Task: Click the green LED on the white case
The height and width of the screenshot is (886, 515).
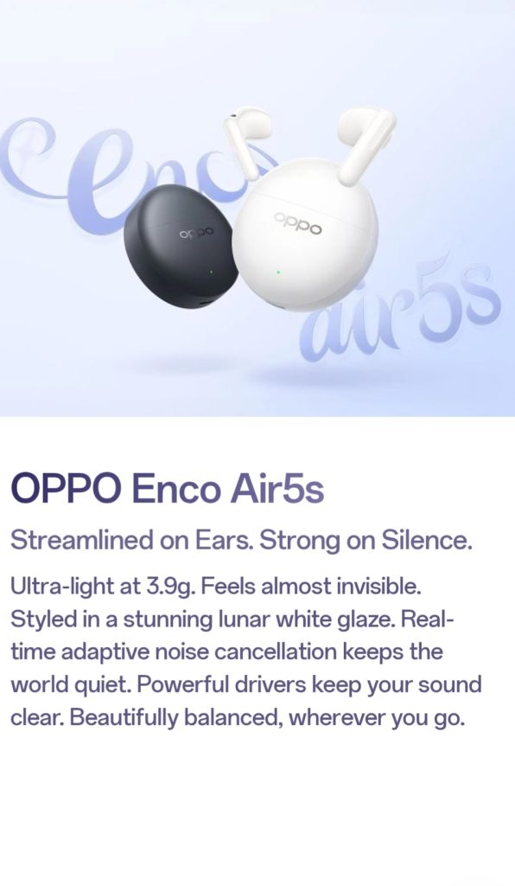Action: [x=278, y=272]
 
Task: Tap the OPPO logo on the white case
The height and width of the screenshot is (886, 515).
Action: [x=298, y=224]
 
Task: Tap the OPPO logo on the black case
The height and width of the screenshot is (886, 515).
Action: [x=197, y=232]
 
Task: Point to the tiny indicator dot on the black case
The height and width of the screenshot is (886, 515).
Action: [x=212, y=272]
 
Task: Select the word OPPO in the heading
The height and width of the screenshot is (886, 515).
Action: [x=65, y=488]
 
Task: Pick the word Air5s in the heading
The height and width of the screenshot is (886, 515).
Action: [x=277, y=489]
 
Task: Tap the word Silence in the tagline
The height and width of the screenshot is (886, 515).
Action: [x=427, y=542]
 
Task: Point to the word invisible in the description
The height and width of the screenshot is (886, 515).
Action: [x=386, y=587]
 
